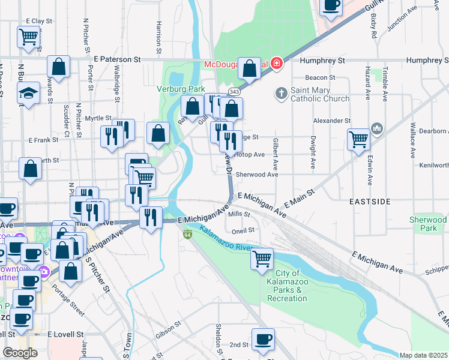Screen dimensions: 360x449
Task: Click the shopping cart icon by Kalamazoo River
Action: [262, 259]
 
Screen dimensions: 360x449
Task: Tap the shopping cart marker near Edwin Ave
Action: [358, 139]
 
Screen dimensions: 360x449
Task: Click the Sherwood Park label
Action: [427, 224]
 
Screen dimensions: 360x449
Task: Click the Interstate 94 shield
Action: [188, 233]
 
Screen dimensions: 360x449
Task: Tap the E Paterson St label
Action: [117, 60]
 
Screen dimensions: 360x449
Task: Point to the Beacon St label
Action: [320, 77]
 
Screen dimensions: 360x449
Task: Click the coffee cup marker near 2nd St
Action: [262, 339]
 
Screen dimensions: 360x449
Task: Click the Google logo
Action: [20, 353]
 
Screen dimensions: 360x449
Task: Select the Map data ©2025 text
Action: [424, 355]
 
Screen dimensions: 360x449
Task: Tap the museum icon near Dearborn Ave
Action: [377, 128]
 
